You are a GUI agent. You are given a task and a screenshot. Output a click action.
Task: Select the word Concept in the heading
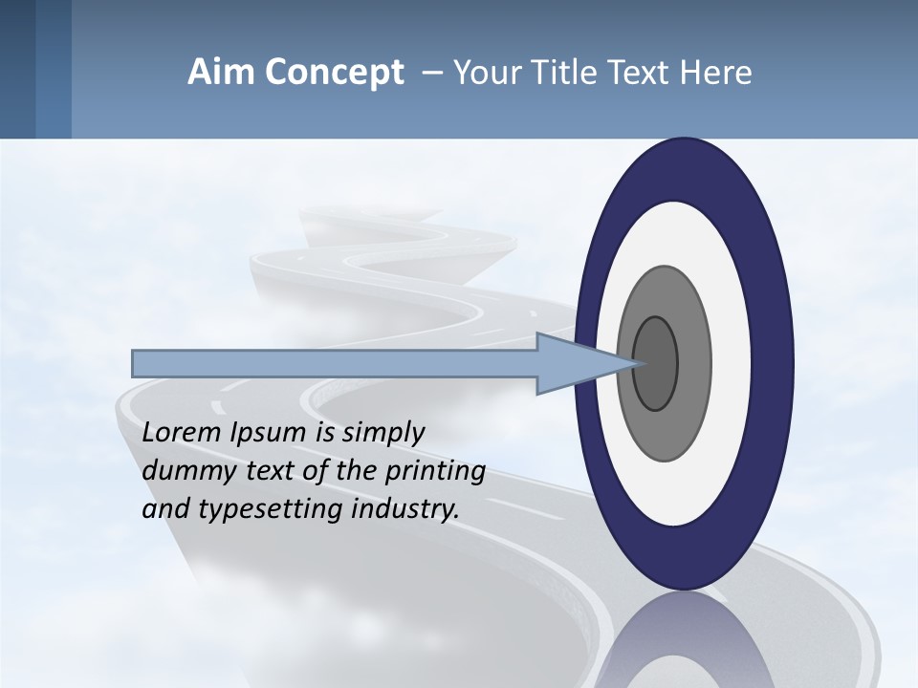335,73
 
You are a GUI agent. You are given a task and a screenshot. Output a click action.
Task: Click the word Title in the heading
567,73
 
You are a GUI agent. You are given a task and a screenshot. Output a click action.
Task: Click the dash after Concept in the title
430,74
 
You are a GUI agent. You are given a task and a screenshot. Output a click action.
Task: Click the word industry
405,509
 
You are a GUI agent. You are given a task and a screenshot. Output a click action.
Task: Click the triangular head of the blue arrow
574,363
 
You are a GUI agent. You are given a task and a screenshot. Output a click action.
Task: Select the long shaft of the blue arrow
335,363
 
